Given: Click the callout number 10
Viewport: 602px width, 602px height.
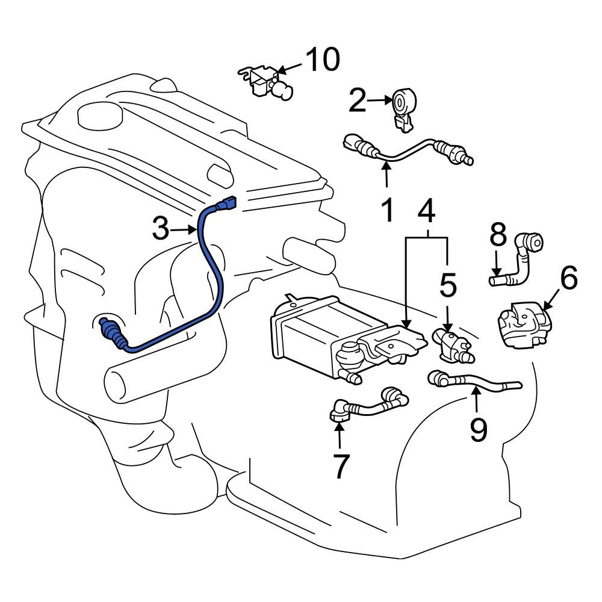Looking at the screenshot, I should pos(322,60).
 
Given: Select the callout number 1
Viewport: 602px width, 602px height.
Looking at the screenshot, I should pos(387,211).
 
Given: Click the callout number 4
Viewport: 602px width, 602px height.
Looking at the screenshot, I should pos(426,211).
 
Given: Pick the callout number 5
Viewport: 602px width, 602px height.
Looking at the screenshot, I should pos(447,285).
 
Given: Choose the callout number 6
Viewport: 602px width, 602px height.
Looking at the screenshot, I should pos(568,279).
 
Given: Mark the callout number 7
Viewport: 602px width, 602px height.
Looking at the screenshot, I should pos(341,465).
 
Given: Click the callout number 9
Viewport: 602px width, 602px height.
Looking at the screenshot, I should pos(478,430).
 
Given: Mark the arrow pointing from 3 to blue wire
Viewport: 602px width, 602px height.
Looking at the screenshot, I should pos(184,230).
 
